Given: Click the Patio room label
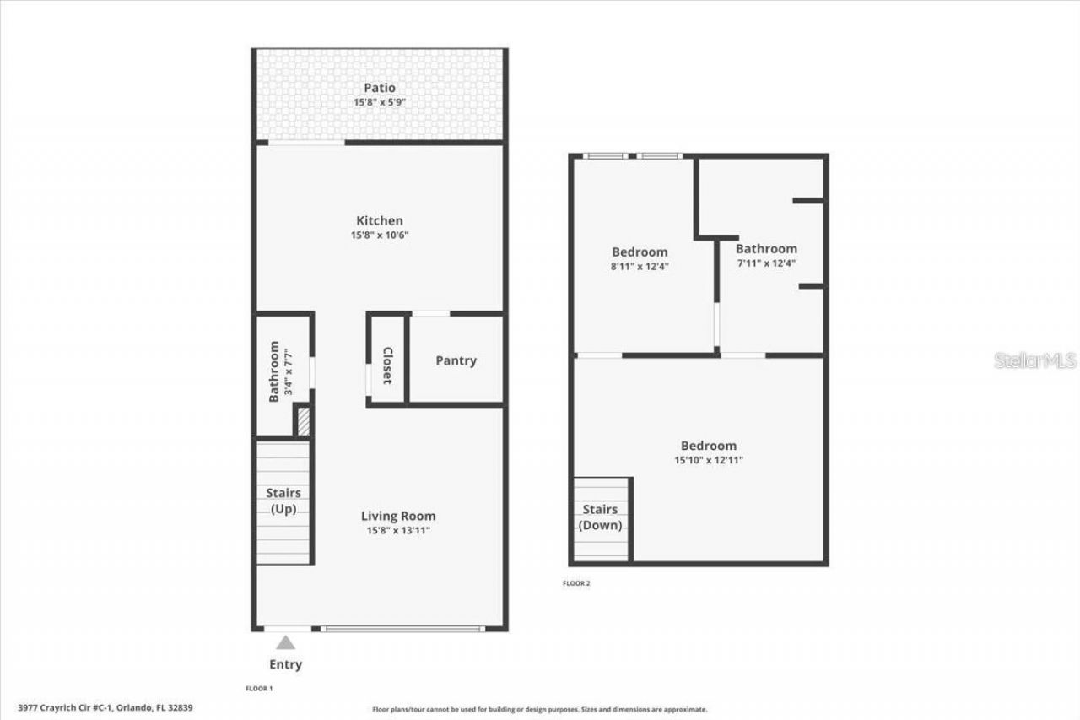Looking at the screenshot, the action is point(380,88).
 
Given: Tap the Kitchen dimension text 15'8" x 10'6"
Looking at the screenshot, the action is point(380,235).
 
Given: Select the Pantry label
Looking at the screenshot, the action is point(456,360).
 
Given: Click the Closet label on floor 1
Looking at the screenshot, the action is point(387,365).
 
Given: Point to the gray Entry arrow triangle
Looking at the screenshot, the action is point(285,643).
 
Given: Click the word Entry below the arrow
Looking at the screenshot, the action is point(285,664).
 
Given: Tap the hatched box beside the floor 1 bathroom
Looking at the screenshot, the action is point(304,421).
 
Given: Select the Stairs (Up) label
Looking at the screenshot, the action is point(283,501).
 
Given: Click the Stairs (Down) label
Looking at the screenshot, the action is point(600,517).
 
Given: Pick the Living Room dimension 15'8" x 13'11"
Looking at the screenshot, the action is point(398,530).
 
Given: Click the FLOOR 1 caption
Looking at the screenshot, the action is point(259,689).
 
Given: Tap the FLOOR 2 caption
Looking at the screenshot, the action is point(576,583).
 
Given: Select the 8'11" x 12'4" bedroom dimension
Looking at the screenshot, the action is point(640,266).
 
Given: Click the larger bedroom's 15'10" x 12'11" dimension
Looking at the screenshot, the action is point(709,460).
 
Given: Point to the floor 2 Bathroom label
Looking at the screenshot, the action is point(767,249).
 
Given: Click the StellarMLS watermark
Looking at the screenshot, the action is point(1034,360).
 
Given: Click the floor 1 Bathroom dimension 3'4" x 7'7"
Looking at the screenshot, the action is point(289,371).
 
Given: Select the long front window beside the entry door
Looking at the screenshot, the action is point(403,629).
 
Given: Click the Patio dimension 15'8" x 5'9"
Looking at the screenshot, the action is point(380,102).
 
